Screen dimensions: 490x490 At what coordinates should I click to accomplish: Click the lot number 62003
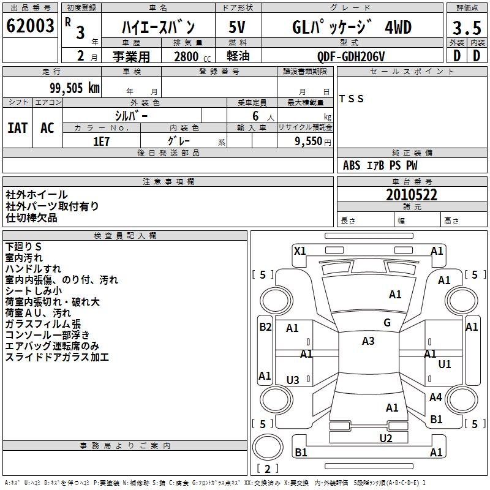click(x=30, y=26)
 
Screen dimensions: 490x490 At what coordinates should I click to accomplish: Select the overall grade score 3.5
click(x=466, y=28)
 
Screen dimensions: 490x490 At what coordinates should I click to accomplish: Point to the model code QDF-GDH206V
click(x=351, y=56)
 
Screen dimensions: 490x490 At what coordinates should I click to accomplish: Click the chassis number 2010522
click(x=412, y=195)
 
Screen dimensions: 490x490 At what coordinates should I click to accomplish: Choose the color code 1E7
click(x=101, y=141)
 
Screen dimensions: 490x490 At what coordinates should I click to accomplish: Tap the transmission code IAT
click(x=17, y=128)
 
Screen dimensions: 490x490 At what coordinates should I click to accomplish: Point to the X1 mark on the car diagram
click(x=300, y=251)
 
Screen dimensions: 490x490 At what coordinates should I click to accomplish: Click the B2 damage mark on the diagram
click(x=265, y=326)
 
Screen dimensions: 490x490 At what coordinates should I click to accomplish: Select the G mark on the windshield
click(x=387, y=323)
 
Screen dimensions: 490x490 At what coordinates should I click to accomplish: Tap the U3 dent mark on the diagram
click(x=293, y=380)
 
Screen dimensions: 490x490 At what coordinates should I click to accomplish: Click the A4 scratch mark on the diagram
click(x=435, y=398)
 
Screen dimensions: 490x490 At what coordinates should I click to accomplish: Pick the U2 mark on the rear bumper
click(x=385, y=437)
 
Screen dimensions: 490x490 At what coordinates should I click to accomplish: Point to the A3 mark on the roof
click(x=368, y=341)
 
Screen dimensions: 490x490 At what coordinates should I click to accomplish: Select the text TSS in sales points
click(x=352, y=99)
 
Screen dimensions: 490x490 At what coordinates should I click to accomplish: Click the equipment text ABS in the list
click(x=352, y=165)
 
